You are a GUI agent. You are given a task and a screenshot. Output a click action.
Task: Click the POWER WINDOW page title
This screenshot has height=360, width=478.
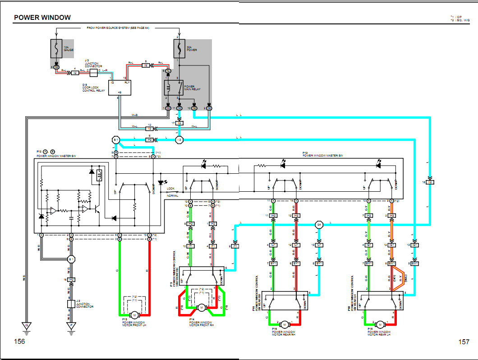click(x=42, y=18)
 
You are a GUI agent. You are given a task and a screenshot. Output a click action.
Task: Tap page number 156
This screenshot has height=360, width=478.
click(x=19, y=342)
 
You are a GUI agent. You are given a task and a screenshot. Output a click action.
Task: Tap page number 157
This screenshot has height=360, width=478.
click(x=464, y=342)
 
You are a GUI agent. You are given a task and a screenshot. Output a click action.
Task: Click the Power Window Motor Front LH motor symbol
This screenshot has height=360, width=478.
click(x=134, y=314)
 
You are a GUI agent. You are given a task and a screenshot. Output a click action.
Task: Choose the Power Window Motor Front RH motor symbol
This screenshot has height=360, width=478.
click(x=201, y=308)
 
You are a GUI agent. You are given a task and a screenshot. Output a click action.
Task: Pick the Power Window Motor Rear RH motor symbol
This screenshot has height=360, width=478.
click(x=285, y=324)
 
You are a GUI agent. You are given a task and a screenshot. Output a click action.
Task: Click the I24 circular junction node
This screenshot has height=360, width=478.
click(x=319, y=224)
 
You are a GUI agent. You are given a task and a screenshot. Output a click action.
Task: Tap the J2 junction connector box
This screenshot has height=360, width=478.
click(x=71, y=304)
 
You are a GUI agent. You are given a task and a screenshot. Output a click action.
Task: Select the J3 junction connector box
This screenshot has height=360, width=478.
click(x=93, y=72)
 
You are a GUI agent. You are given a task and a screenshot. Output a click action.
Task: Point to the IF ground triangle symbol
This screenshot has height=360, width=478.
click(x=71, y=325)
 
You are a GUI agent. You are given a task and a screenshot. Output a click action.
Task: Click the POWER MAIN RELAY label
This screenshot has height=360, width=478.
click(x=189, y=87)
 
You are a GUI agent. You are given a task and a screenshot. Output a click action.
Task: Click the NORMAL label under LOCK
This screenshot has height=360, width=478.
click(x=172, y=195)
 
